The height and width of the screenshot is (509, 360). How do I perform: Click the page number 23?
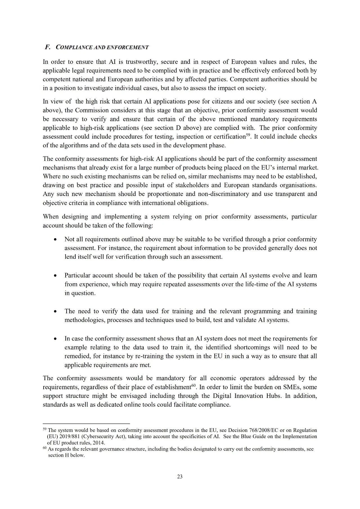click(180, 476)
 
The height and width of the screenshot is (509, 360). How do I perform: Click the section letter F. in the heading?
click(48, 47)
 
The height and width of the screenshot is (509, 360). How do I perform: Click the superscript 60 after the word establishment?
click(193, 385)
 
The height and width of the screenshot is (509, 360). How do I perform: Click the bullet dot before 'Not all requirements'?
click(56, 240)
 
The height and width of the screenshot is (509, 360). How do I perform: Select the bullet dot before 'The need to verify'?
click(56, 312)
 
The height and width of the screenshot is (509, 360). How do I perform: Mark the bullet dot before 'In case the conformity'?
click(56, 339)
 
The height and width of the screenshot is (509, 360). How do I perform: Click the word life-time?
click(244, 284)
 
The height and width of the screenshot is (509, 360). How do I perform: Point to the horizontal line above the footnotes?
click(86, 423)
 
